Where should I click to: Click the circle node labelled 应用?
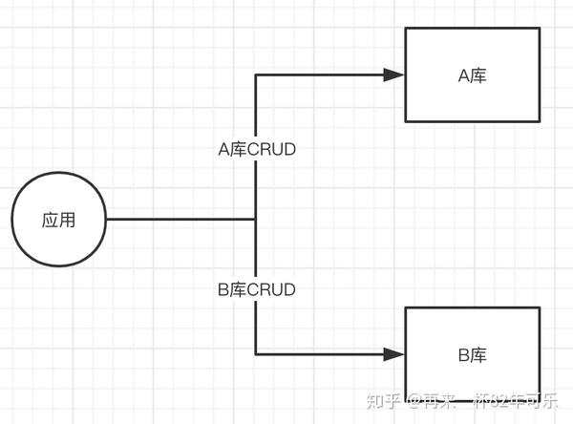coord(59,220)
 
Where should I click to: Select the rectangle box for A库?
coord(473,74)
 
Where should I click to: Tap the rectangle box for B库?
coord(473,354)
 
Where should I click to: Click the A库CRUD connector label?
coord(257,149)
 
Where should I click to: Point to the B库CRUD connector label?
coord(257,289)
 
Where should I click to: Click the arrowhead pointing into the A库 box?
coord(393,74)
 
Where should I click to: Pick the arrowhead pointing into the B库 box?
coord(393,354)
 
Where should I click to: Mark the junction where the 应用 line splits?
coord(256,220)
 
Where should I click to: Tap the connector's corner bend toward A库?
coord(256,74)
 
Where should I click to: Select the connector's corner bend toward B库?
coord(256,354)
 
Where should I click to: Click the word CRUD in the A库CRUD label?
coord(271,149)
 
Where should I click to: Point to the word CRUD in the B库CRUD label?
coord(271,289)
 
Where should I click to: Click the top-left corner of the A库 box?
coord(406,29)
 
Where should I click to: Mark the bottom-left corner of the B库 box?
coord(406,401)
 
